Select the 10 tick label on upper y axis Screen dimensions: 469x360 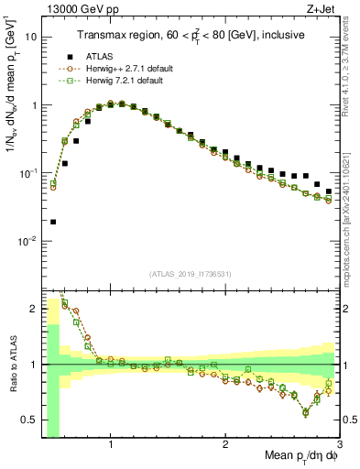30,38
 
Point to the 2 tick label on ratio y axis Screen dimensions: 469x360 33,309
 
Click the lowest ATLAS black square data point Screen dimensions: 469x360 53,222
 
